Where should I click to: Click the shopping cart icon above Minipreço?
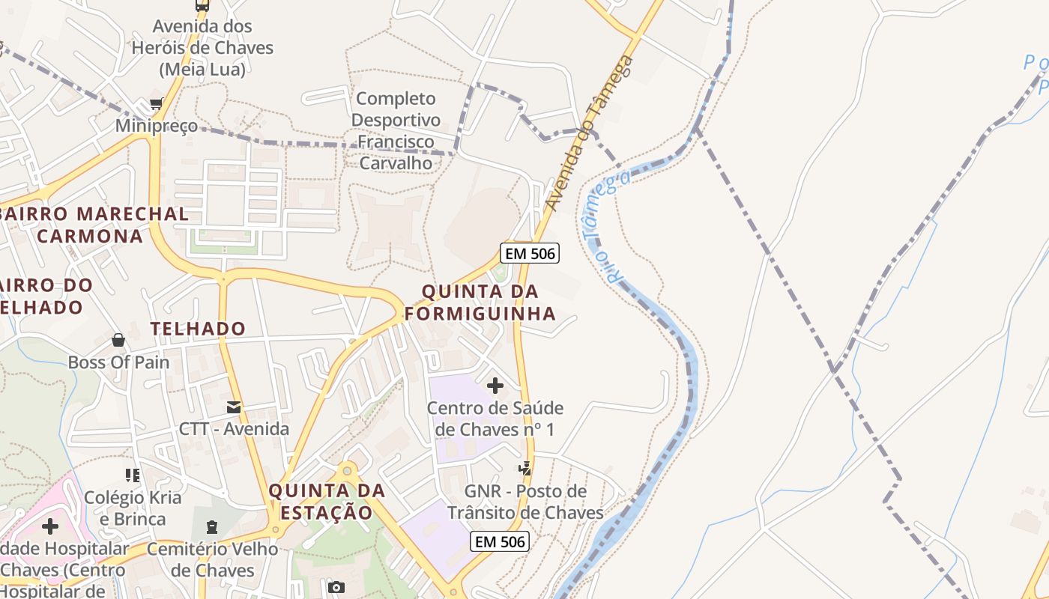point(156,104)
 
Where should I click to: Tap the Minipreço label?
point(157,126)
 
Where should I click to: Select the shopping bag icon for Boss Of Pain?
point(118,341)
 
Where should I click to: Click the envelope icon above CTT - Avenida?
point(234,407)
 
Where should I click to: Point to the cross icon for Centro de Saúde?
point(495,386)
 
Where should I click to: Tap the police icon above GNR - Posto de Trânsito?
point(525,469)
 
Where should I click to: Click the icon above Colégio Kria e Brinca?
point(133,475)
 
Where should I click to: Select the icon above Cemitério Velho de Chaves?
point(211,527)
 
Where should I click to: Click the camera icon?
point(336,587)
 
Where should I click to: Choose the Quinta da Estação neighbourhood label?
point(327,502)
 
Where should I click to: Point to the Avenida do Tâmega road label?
point(590,133)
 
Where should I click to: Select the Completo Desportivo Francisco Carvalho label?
point(396,130)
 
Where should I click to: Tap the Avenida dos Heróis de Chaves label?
point(202,48)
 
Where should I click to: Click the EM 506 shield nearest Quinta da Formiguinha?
point(530,253)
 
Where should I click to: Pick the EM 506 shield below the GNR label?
point(500,541)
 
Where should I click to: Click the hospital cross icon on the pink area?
point(50,526)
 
